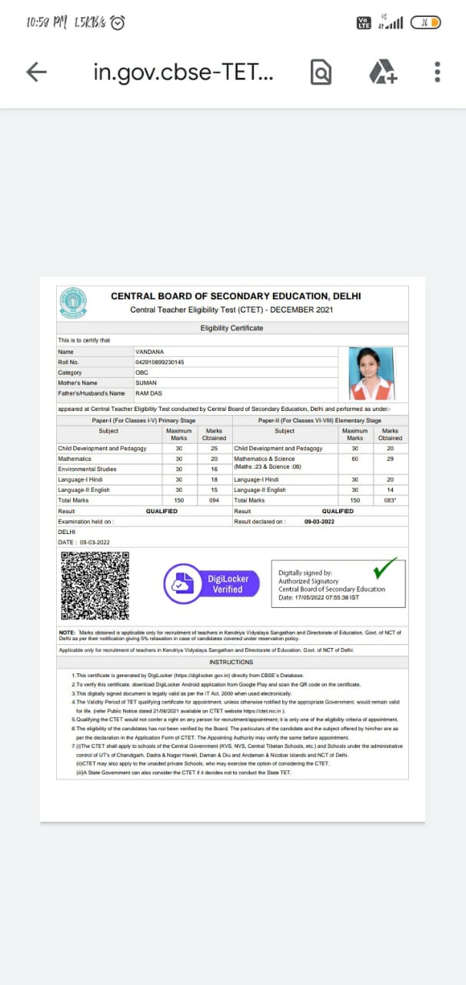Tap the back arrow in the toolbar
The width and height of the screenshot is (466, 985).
click(36, 72)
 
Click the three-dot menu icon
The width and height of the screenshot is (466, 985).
click(437, 72)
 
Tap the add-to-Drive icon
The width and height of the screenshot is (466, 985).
click(382, 72)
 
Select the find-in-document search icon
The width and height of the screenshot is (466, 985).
click(321, 72)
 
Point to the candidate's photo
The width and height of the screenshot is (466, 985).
click(371, 373)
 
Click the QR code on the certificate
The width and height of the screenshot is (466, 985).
click(95, 586)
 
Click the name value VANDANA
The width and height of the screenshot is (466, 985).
click(149, 352)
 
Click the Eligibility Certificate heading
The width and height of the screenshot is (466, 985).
click(231, 328)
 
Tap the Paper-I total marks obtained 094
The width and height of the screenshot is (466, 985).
click(214, 500)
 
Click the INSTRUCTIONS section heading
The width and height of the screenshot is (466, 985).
click(231, 662)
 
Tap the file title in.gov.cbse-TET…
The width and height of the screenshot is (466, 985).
click(182, 72)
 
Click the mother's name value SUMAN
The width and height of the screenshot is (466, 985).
click(145, 382)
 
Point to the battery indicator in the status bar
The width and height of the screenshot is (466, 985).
click(426, 23)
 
